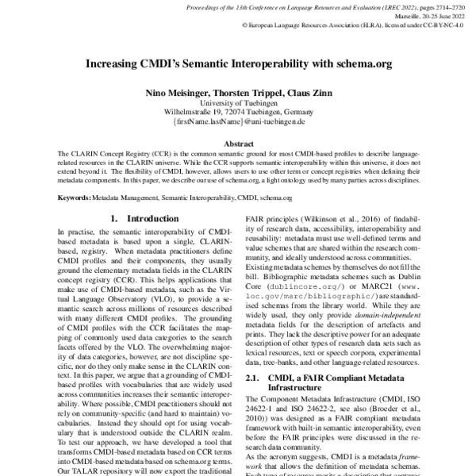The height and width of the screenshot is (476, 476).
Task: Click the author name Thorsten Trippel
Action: pos(240,94)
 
